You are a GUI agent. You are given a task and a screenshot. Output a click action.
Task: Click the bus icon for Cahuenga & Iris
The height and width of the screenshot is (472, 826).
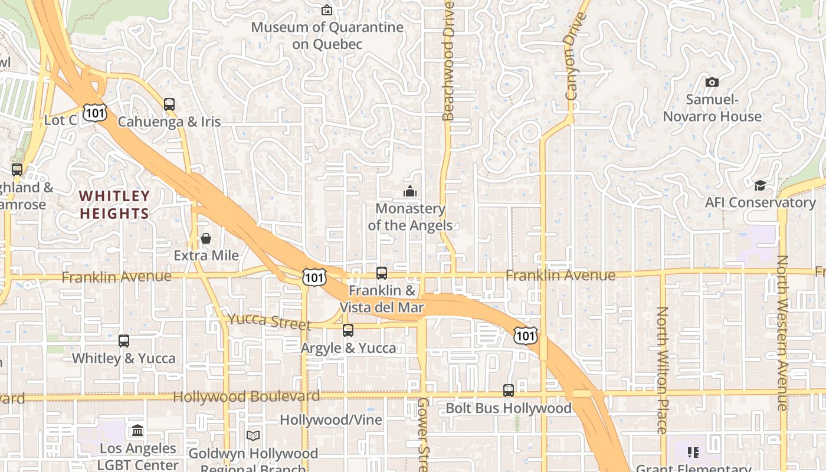169,104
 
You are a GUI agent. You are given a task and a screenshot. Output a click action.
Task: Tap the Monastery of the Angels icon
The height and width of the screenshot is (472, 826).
410,191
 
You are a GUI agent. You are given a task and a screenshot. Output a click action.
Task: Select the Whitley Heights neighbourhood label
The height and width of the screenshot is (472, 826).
114,205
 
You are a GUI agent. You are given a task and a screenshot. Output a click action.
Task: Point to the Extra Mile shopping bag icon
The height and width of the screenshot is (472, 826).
206,238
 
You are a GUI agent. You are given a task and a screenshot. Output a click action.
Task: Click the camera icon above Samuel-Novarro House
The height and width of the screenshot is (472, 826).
712,82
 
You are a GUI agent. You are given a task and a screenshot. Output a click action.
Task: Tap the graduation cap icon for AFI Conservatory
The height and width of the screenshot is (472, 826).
760,186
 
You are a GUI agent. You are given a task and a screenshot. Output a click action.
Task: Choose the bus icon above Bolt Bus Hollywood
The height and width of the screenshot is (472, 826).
509,391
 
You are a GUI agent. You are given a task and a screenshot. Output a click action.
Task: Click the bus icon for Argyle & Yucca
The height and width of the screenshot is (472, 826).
348,330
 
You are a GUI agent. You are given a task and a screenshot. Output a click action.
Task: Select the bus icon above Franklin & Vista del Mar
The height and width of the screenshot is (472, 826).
382,273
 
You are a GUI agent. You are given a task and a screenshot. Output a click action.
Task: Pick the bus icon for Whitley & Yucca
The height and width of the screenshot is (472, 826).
123,341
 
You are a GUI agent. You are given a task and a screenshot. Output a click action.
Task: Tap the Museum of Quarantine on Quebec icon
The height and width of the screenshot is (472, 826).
327,10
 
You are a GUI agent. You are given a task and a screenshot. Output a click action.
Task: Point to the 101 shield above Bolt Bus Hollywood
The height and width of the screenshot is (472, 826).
525,336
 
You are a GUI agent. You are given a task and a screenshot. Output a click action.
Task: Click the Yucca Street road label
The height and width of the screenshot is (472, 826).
269,322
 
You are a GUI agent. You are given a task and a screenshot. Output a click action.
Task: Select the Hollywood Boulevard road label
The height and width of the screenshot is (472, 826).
247,396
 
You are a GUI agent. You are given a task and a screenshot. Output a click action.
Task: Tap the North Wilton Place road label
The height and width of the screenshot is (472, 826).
662,370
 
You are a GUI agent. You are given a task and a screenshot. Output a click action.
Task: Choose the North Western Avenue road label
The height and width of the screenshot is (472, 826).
783,333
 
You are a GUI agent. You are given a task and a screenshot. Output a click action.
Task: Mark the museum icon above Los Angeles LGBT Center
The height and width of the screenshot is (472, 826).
137,431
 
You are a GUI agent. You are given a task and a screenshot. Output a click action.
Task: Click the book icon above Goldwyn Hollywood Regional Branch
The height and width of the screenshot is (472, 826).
253,435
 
